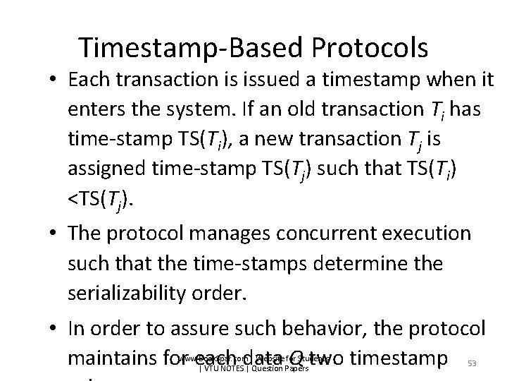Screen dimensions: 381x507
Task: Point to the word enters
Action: point(98,110)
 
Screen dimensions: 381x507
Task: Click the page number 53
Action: point(470,363)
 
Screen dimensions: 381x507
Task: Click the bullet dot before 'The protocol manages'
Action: point(55,235)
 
